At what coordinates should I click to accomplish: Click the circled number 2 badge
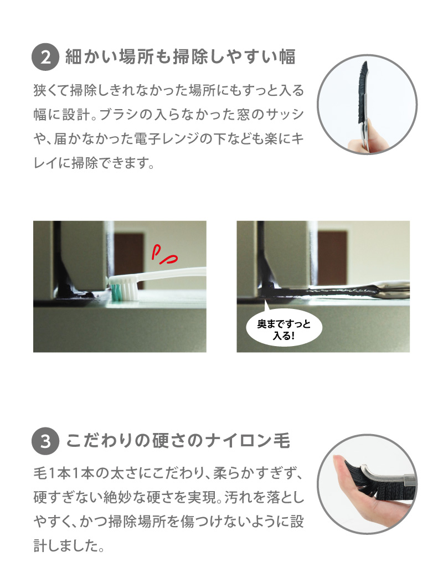point(45,57)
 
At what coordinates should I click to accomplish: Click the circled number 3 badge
point(45,441)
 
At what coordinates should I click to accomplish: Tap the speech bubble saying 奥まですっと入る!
point(284,328)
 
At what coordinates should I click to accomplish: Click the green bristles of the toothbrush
point(116,292)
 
